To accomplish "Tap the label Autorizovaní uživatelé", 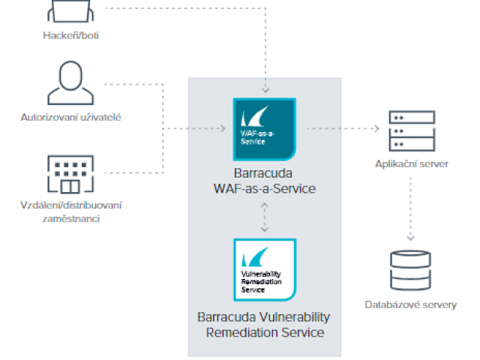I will (72, 117).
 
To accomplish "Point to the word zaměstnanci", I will (72, 218).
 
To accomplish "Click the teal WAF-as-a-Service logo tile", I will (264, 129).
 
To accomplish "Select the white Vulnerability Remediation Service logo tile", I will (264, 269).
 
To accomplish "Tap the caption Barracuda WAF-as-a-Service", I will (263, 180).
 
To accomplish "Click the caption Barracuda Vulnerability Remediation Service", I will (263, 324).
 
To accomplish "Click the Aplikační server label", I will (412, 164).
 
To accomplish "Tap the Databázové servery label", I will (411, 304).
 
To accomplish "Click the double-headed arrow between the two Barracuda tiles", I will (264, 217).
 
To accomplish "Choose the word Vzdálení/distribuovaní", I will (72, 205).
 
